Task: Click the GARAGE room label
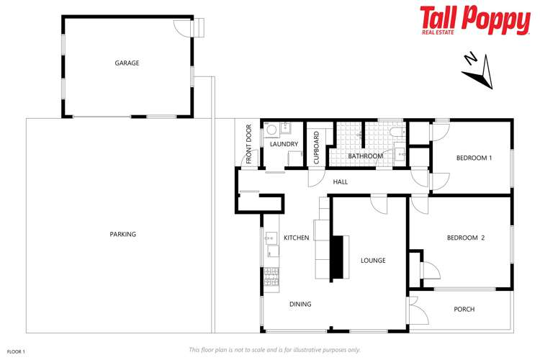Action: [x=127, y=63]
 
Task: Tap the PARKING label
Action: [x=122, y=234]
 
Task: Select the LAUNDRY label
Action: [x=284, y=144]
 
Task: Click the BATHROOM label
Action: [x=365, y=156]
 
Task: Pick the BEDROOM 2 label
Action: [x=465, y=238]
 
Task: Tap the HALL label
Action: [x=340, y=181]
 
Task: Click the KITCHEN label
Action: [x=296, y=238]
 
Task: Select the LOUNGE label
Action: [x=373, y=260]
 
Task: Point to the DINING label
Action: [x=300, y=304]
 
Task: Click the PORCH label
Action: [x=464, y=310]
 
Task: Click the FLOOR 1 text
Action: [x=16, y=351]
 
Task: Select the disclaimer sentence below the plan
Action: [x=274, y=350]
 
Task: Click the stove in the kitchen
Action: [x=271, y=276]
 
